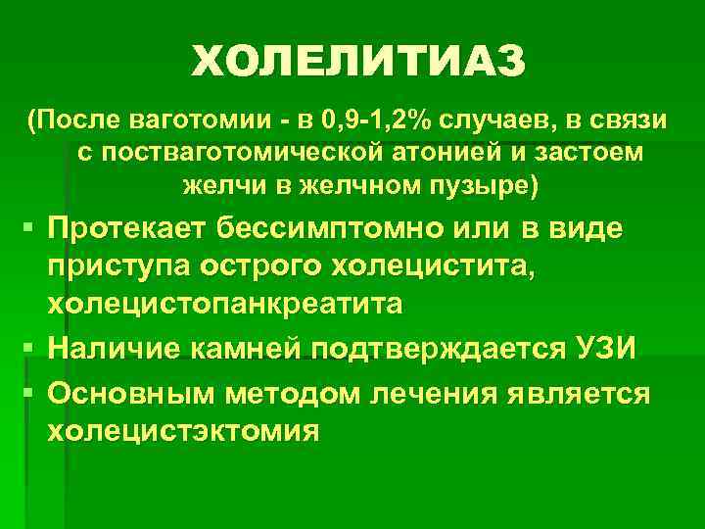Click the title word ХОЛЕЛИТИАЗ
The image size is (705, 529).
click(x=358, y=64)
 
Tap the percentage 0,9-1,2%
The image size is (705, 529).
click(x=363, y=121)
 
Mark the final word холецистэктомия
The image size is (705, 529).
click(x=183, y=431)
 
